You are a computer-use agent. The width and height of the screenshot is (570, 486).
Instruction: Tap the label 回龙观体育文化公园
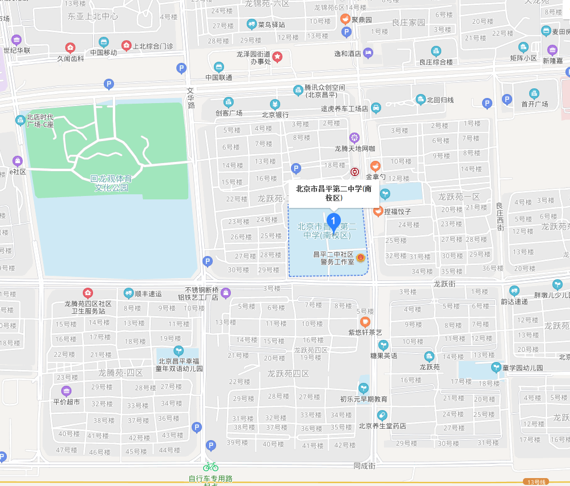pos(111,183)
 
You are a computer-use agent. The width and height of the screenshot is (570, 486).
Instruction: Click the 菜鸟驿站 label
pos(272,24)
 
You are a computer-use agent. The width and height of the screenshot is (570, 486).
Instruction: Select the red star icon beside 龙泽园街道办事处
pos(277,57)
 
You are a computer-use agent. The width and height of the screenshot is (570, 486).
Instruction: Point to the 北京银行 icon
pos(275,104)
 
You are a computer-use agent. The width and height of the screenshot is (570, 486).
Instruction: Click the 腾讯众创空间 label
pos(324,91)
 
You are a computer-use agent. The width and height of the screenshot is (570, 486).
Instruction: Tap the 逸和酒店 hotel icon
pos(368,53)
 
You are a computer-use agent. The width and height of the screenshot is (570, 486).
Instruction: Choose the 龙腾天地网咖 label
pos(354,149)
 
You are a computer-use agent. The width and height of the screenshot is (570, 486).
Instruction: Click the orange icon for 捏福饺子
pos(378,211)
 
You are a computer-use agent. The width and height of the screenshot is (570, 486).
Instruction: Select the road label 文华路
pos(191,97)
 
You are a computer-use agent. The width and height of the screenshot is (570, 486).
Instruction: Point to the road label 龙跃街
pos(445,283)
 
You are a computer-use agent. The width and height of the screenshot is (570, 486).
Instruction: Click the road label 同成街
pos(364,466)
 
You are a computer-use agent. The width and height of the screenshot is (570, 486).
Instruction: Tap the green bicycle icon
pos(211,466)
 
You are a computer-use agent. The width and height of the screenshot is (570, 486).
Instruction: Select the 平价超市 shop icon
pos(66,391)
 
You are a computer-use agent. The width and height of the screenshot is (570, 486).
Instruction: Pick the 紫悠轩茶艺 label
pos(365,332)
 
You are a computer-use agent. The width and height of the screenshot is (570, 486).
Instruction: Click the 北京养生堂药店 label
pos(382,426)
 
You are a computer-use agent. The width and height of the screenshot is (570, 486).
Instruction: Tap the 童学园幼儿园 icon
pos(496,367)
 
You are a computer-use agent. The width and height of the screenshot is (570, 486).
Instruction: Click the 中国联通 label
pos(219,77)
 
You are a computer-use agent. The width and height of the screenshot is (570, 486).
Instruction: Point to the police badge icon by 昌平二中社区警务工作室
pos(361,258)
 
